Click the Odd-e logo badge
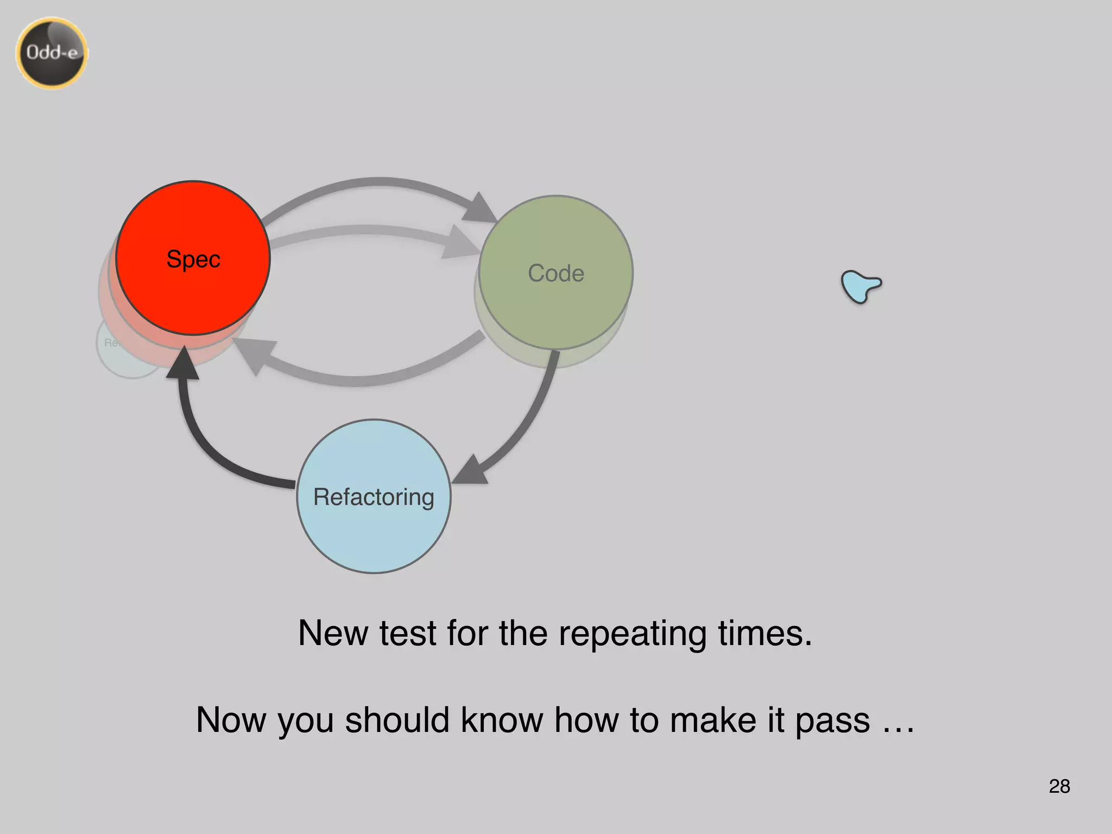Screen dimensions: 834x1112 click(x=52, y=53)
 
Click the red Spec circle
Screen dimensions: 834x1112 click(x=193, y=258)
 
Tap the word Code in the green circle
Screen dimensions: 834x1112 click(x=555, y=273)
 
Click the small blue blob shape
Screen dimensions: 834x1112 click(x=860, y=286)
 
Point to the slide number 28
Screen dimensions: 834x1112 click(x=1059, y=786)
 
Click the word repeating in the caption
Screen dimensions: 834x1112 click(x=632, y=633)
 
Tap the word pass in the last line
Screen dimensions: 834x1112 click(x=832, y=721)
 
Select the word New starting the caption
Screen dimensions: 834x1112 click(x=333, y=633)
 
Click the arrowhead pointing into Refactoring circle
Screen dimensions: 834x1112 click(x=471, y=470)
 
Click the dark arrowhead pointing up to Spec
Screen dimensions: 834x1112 click(x=184, y=364)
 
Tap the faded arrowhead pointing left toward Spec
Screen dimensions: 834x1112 click(x=254, y=353)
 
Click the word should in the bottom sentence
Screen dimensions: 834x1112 click(x=397, y=720)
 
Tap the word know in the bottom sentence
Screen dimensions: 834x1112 click(x=501, y=720)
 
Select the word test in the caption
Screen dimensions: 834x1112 click(x=407, y=633)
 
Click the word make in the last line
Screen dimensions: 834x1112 click(x=712, y=720)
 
